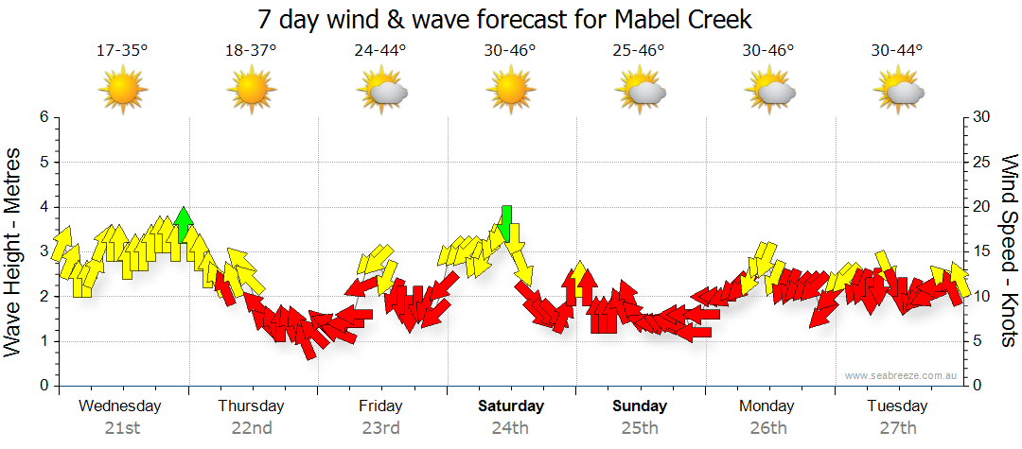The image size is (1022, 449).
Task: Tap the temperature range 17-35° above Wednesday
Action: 122,50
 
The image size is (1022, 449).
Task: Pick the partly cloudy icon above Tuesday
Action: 898,92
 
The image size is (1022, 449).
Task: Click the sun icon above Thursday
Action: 251,92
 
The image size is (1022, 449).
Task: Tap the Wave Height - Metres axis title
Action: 14,251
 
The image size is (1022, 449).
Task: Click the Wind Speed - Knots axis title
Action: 1009,251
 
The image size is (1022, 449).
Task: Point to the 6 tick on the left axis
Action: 43,117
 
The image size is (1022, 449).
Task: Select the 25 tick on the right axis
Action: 981,162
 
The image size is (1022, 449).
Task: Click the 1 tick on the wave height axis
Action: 43,341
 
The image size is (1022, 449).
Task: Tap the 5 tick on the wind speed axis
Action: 978,341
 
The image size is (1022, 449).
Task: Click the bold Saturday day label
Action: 510,406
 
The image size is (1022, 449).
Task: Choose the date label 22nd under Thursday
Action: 252,428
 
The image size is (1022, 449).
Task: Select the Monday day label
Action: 766,406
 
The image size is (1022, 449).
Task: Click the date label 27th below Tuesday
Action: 897,428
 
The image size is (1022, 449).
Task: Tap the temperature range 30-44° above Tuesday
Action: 897,50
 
